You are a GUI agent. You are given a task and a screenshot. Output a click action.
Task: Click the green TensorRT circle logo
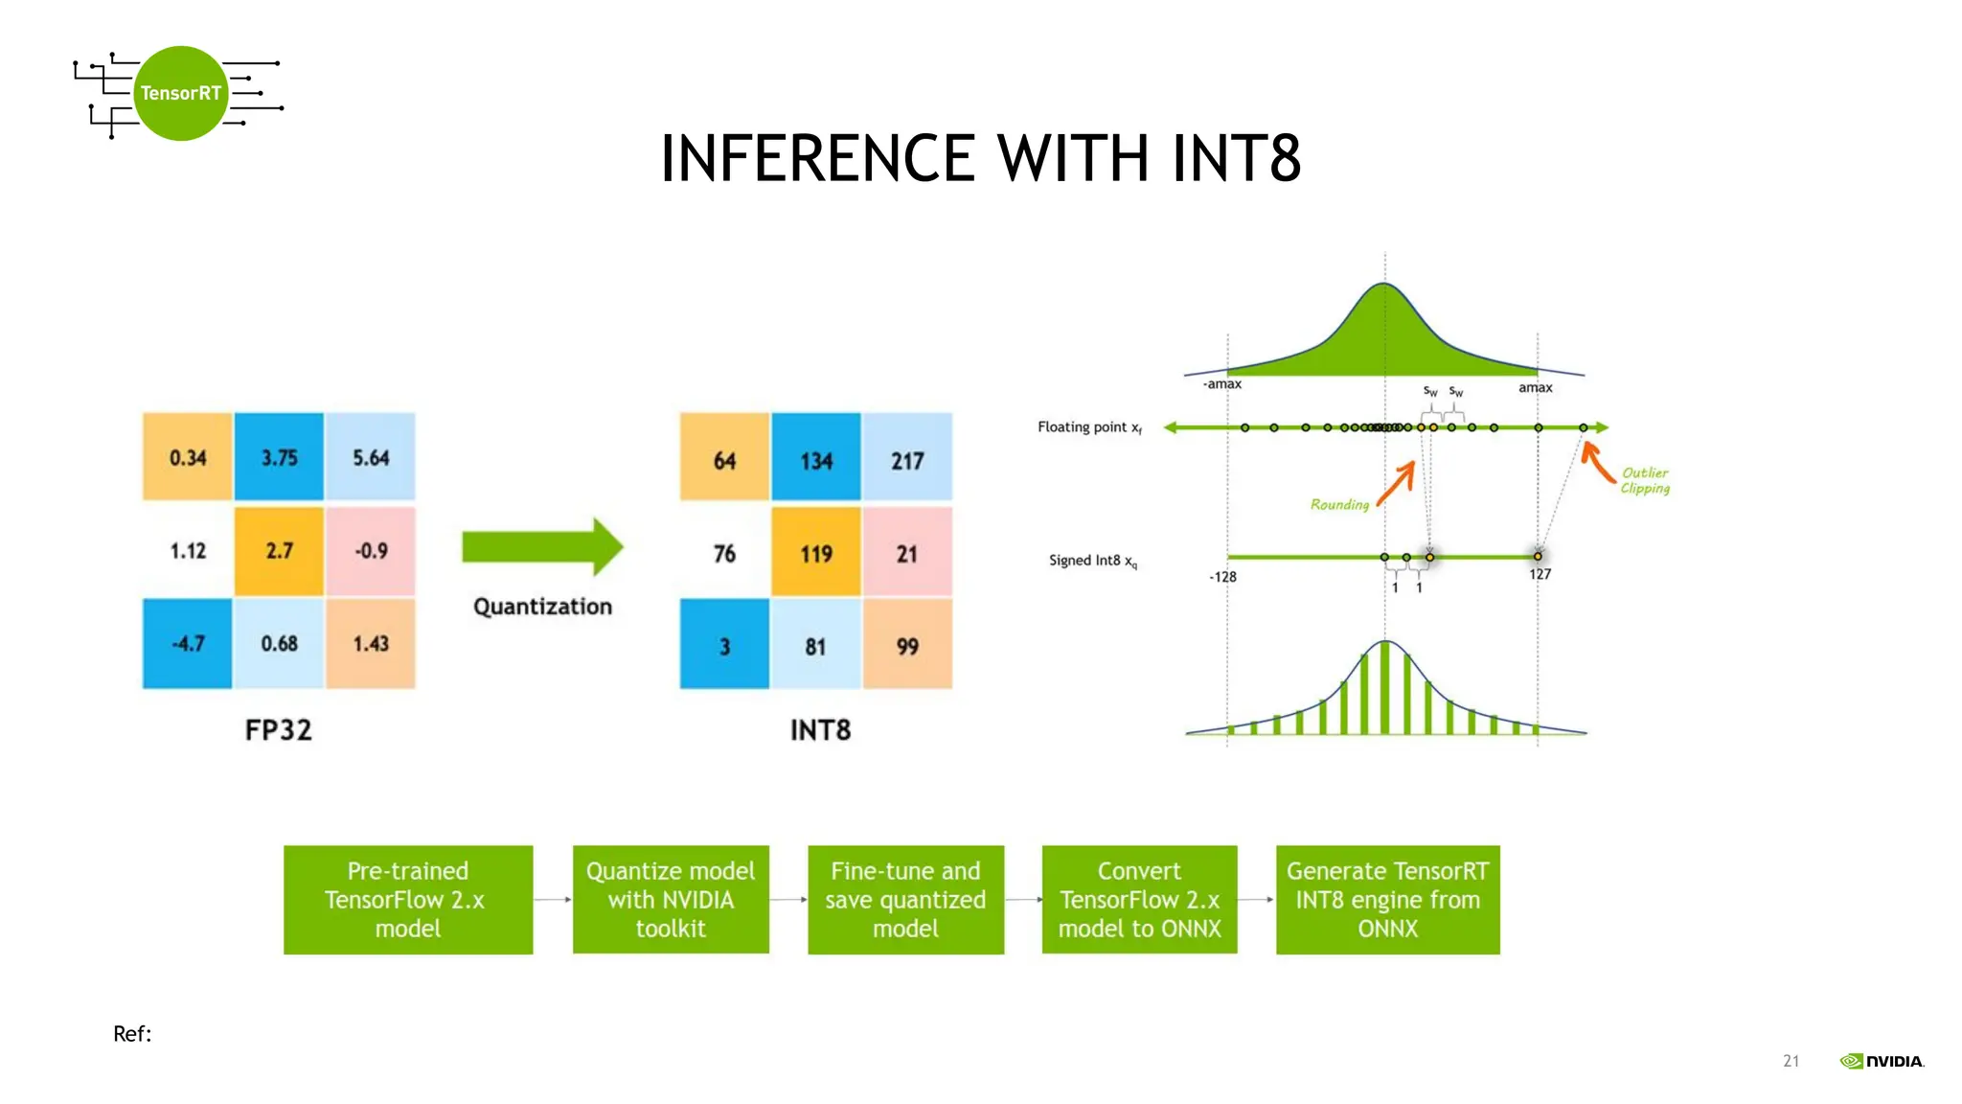pos(180,93)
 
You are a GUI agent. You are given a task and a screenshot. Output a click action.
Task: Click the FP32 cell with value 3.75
pos(279,457)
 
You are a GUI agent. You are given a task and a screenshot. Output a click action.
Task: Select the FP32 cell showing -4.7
pos(188,643)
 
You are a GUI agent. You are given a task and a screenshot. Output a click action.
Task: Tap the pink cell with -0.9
pos(371,551)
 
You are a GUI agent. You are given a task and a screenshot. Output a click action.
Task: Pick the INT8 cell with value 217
pos(907,460)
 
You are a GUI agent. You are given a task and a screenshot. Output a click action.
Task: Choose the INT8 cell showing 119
pos(816,553)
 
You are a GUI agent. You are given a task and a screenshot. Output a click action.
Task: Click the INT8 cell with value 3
pos(724,646)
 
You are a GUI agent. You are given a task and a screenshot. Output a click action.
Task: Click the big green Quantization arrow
pos(542,547)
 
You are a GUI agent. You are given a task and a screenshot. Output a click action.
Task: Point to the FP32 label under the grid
pos(278,730)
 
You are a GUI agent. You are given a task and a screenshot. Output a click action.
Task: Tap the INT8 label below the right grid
pos(820,730)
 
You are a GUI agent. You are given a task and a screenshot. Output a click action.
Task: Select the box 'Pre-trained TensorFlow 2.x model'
pos(408,899)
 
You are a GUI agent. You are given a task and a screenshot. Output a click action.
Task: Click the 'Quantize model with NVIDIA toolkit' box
pos(671,899)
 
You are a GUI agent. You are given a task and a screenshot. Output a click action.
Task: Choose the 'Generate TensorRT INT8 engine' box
pos(1387,899)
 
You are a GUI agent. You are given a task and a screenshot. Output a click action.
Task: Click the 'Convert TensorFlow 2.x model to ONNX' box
pos(1139,899)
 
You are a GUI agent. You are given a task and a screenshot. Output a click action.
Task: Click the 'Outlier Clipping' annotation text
pos(1645,480)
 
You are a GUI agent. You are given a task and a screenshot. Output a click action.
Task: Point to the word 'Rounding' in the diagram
pos(1339,504)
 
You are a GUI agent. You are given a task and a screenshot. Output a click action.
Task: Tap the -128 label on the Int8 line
pos(1222,577)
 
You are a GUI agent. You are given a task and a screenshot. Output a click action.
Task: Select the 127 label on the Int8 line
pos(1540,574)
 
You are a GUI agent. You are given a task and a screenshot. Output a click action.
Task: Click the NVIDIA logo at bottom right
pos(1882,1061)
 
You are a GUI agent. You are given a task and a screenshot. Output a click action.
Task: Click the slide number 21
pos(1791,1061)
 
